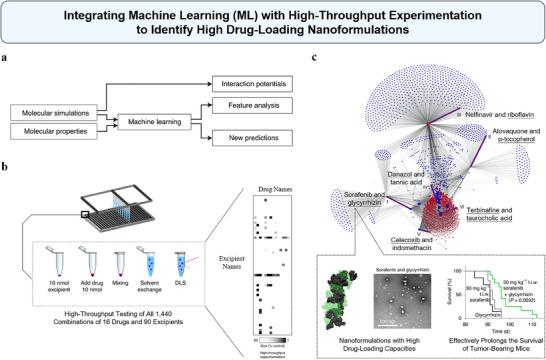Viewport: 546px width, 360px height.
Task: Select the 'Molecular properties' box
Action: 53,134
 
